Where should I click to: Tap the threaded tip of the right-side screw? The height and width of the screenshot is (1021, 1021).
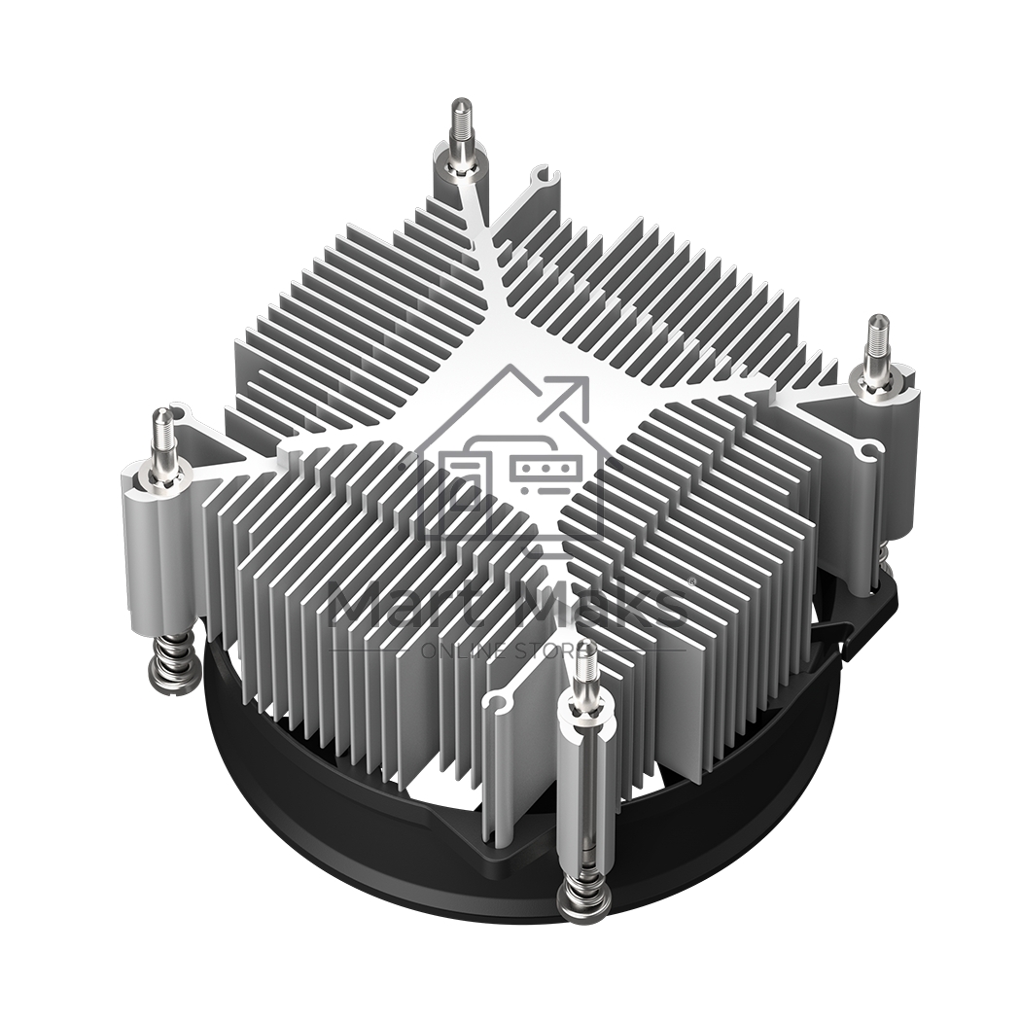(878, 335)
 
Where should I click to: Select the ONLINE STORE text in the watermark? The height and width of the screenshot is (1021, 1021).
(509, 650)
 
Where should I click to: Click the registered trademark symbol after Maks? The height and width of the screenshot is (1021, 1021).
(691, 581)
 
